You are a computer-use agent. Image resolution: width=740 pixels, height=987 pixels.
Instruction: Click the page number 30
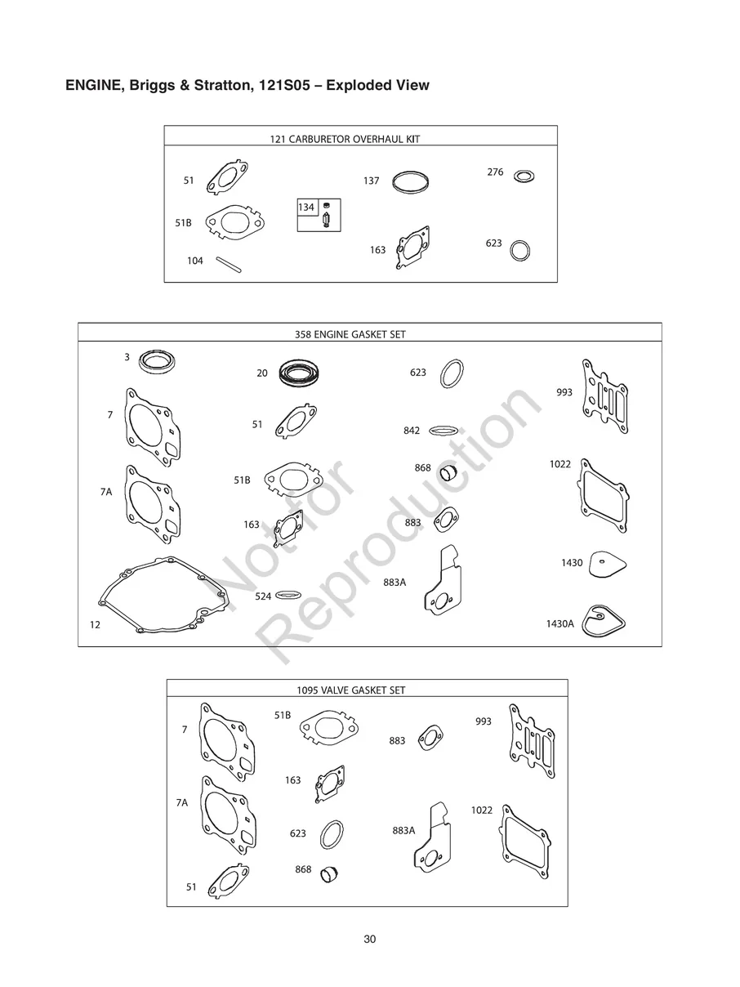[x=369, y=940]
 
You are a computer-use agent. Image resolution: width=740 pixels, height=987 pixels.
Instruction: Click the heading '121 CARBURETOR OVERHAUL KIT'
[x=345, y=139]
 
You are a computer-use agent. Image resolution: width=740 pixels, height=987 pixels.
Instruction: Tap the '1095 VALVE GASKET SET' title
[x=350, y=690]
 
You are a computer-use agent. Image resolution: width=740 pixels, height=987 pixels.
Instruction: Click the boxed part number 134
[x=305, y=208]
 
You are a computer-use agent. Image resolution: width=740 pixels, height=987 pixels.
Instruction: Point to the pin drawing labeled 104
[x=228, y=266]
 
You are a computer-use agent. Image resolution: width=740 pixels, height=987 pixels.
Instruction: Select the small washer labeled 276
[x=524, y=176]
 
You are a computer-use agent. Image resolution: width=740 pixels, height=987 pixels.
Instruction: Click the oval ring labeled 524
[x=289, y=595]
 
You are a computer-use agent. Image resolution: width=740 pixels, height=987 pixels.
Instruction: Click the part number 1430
[x=572, y=563]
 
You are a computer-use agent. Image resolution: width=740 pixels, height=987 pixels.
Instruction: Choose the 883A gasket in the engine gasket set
[x=444, y=582]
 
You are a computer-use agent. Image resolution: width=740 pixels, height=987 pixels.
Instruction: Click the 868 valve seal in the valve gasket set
[x=330, y=874]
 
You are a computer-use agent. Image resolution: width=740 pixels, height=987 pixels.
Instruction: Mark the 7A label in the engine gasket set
[x=105, y=492]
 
